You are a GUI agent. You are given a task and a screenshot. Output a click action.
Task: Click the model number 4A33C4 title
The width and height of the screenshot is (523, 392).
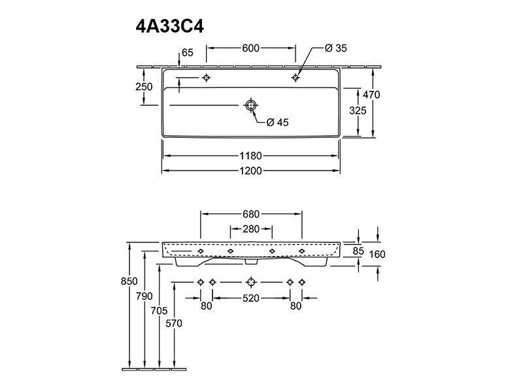coord(169,26)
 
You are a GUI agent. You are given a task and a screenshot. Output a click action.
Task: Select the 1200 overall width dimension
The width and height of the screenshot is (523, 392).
coord(250,171)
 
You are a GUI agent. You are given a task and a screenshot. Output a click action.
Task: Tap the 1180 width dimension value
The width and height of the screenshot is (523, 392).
coord(250,155)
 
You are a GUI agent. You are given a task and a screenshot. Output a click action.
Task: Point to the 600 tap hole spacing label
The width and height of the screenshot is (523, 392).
coord(250,48)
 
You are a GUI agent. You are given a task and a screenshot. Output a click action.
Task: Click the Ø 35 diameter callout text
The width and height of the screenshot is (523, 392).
coord(335,48)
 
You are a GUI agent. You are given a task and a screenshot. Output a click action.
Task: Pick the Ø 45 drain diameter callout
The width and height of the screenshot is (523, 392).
coord(277,122)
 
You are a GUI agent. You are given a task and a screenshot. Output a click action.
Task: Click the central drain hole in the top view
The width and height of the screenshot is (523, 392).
coord(251,105)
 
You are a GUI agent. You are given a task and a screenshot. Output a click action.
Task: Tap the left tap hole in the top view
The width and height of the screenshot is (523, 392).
coord(207,78)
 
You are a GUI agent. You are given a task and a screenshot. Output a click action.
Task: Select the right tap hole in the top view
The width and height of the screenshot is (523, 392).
coord(295,78)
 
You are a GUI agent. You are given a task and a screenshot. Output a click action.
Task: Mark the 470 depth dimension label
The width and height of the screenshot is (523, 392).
coord(371,95)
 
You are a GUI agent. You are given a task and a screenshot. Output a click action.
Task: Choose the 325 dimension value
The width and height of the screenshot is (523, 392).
coord(358,110)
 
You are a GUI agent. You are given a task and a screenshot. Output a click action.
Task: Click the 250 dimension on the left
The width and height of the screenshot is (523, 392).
coord(144,87)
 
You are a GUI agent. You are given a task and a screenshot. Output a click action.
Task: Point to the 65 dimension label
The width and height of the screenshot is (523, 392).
coord(188,53)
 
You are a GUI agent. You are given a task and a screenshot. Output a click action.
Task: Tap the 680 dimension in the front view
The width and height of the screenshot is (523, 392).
coord(251,214)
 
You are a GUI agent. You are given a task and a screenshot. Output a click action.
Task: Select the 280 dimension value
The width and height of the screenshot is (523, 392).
coord(251,229)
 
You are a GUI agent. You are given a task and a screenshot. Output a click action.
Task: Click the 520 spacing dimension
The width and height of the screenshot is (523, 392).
coord(251,298)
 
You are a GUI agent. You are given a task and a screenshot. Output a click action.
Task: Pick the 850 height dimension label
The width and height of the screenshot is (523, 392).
coord(129,282)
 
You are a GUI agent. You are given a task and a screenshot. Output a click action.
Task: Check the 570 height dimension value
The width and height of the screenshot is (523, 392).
coord(174,323)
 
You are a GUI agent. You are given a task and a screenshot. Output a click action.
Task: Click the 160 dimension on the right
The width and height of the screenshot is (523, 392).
coord(377,254)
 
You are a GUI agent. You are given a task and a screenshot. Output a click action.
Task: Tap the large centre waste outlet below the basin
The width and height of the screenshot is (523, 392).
coord(251,282)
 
